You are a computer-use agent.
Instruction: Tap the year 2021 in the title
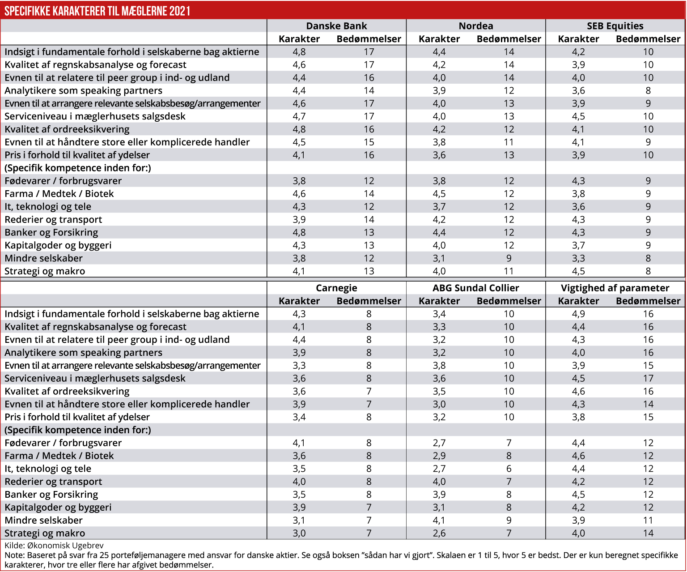click(180, 11)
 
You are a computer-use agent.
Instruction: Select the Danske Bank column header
click(336, 26)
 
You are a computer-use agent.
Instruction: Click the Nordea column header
click(476, 26)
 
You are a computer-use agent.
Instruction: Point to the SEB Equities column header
click(615, 26)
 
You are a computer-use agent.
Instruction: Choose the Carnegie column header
click(336, 288)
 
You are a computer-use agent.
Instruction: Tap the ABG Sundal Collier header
click(476, 288)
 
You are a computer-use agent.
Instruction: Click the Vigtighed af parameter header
click(615, 288)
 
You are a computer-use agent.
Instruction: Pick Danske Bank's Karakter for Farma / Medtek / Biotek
click(299, 194)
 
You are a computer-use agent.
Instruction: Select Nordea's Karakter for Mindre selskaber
click(439, 258)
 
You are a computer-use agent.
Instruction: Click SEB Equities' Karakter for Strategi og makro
click(578, 271)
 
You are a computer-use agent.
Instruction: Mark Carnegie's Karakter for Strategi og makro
click(299, 533)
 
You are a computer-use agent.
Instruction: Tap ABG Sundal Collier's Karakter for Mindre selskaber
click(439, 520)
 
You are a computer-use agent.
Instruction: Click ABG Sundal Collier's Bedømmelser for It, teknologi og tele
click(509, 469)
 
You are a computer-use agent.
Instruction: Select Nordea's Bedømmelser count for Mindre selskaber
click(509, 258)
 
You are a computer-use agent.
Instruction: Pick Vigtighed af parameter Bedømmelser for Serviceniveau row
click(648, 378)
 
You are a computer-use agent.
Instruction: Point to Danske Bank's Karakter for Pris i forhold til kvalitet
click(299, 155)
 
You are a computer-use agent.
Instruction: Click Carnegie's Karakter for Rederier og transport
click(299, 482)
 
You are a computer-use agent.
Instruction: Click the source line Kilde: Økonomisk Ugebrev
click(54, 546)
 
